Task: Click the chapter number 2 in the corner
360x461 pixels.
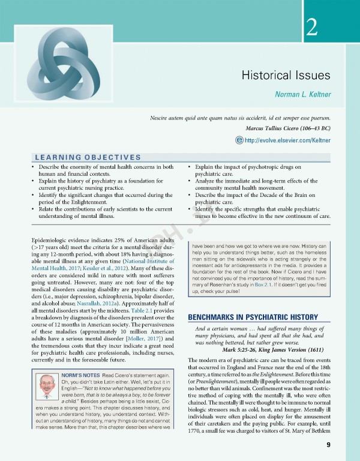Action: (x=311, y=28)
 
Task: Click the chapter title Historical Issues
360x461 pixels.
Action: (x=286, y=75)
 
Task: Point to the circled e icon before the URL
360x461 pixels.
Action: (x=239, y=140)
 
